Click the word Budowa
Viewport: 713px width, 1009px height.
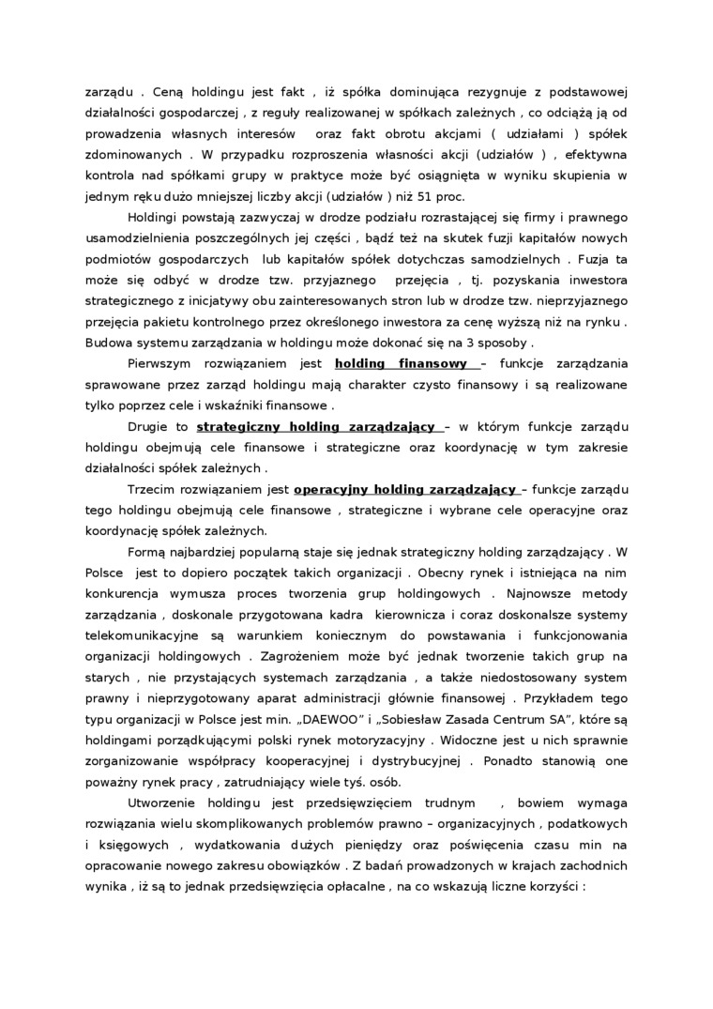(106, 342)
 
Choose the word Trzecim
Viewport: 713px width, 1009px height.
(150, 489)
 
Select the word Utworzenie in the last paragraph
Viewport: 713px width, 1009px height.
(160, 803)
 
